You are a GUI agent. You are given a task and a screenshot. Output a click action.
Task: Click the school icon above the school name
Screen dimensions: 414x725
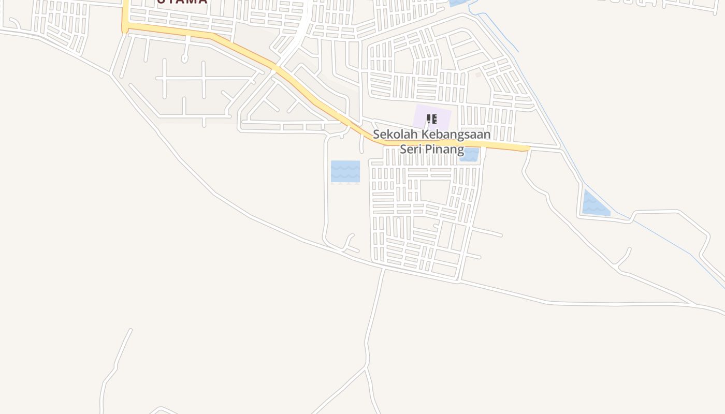click(x=432, y=120)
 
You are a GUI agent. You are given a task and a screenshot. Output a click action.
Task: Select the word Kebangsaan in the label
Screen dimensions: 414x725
click(x=456, y=134)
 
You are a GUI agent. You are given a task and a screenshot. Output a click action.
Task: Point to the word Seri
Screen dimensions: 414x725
click(x=410, y=150)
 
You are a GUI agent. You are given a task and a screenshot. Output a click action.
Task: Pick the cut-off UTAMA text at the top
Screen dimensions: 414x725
click(x=182, y=2)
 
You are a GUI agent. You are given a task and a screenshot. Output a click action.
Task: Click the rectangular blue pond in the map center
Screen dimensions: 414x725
click(x=345, y=171)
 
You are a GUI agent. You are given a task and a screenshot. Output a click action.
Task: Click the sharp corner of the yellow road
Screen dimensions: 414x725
click(x=125, y=25)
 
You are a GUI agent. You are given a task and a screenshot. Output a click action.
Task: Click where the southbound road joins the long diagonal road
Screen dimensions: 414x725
click(x=384, y=268)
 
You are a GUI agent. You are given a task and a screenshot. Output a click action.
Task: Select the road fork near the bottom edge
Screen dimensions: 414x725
click(x=367, y=368)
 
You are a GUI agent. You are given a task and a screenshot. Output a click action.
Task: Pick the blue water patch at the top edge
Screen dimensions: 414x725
click(x=458, y=3)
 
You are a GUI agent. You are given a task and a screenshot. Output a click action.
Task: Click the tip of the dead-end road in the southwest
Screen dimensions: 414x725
click(x=130, y=330)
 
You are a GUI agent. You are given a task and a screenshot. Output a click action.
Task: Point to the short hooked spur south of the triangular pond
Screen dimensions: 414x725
click(x=625, y=259)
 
